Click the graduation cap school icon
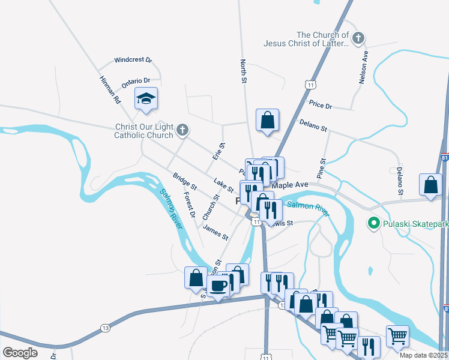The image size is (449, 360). (146, 98)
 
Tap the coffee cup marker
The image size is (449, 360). (218, 285)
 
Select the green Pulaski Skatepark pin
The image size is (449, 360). (373, 224)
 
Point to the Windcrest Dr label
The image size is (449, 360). (133, 60)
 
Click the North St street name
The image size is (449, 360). (244, 71)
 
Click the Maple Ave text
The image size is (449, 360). (289, 185)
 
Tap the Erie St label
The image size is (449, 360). (218, 150)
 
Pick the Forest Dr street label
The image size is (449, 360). (189, 205)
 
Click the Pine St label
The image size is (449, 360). (322, 167)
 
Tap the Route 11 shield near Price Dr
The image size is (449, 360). (310, 86)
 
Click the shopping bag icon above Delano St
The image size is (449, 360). (267, 120)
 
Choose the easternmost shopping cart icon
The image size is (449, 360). (397, 336)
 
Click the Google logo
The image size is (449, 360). (20, 353)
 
